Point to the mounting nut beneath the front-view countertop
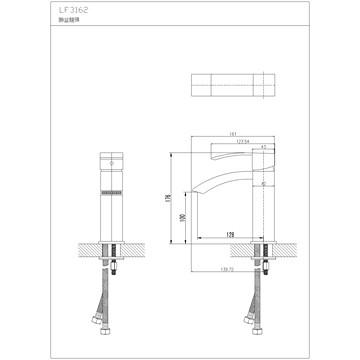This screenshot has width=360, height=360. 111,262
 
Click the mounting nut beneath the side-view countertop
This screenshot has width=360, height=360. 267,262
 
